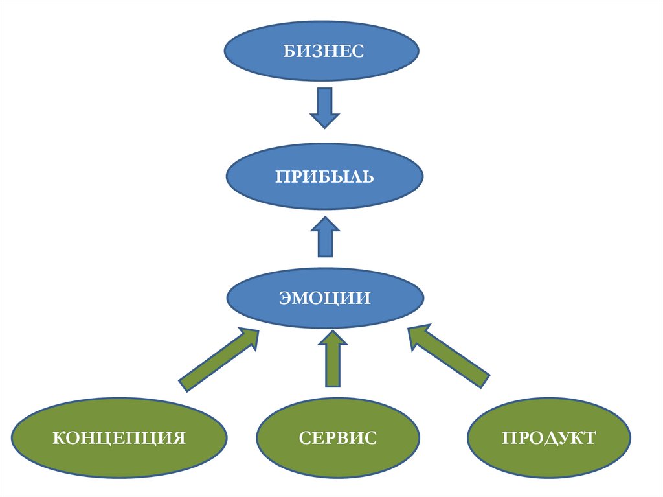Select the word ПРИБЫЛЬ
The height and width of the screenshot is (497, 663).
[x=324, y=176]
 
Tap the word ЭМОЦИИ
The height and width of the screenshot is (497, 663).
[x=325, y=298]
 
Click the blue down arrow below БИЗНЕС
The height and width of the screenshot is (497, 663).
[x=324, y=108]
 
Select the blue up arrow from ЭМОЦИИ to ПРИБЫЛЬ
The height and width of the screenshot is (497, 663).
[x=325, y=237]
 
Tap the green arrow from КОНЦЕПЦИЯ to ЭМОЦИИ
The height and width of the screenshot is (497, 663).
[x=219, y=359]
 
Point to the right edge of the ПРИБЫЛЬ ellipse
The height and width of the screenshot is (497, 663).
[x=423, y=176]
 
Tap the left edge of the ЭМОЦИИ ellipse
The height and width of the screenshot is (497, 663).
[x=227, y=298]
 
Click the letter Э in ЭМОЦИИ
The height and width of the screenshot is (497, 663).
[x=285, y=298]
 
